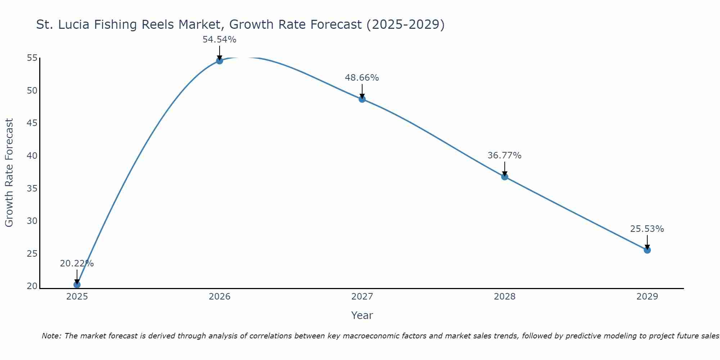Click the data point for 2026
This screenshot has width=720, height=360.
pos(220,60)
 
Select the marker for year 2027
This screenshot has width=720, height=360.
pos(362,99)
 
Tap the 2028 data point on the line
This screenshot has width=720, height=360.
pos(505,177)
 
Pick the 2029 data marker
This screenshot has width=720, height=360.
pos(647,250)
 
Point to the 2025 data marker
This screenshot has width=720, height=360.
pos(77,285)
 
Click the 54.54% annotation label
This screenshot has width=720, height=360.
pos(220,40)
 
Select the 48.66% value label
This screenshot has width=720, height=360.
pos(362,78)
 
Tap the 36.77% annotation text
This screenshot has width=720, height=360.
pos(504,156)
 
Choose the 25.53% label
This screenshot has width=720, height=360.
pos(647,229)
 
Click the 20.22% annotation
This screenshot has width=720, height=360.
pos(77,264)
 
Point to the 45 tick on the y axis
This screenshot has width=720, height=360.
pos(32,123)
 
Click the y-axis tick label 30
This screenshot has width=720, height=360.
pos(32,221)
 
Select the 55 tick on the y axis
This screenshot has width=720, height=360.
pos(32,58)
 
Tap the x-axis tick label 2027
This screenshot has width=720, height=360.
pos(362,297)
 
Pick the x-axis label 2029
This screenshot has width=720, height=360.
pos(647,297)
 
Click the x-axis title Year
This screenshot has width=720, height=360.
pos(362,315)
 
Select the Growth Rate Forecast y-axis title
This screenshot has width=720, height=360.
pos(9,173)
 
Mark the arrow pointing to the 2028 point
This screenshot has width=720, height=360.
pos(505,168)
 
